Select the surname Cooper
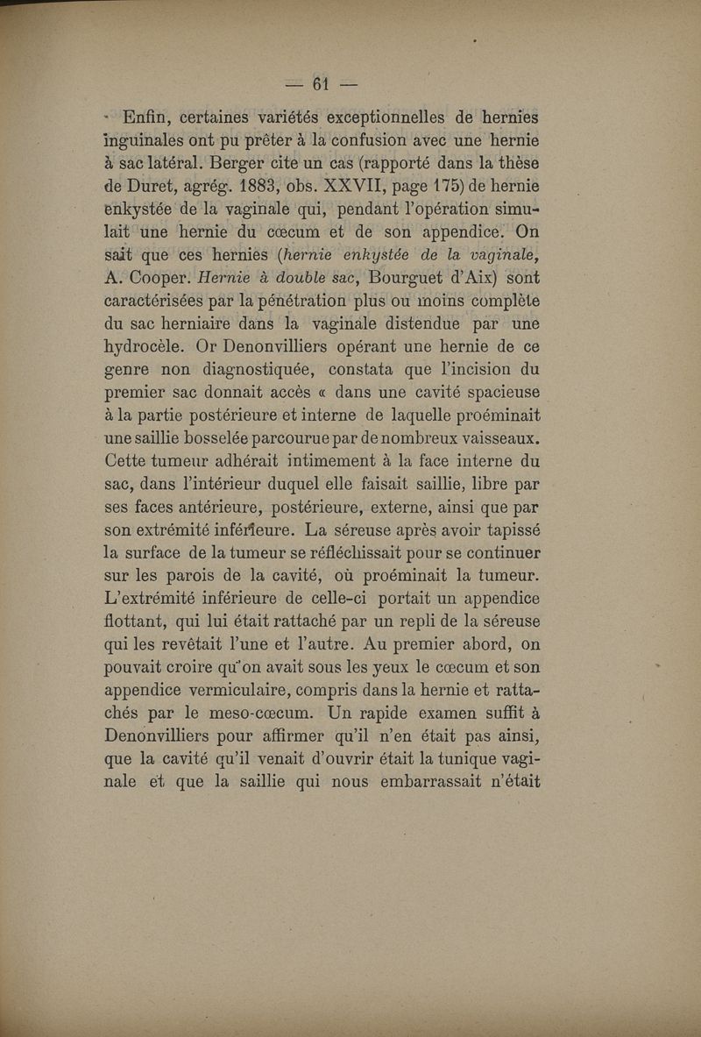(158, 278)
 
